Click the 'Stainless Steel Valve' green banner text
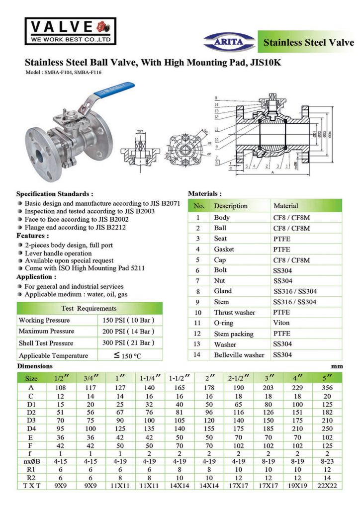[x=308, y=42]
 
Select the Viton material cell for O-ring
[x=281, y=323]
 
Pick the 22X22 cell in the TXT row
[x=327, y=485]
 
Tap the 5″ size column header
[x=327, y=378]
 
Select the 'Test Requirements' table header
[x=89, y=308]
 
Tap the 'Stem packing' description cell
[x=234, y=334]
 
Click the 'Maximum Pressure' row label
[x=46, y=331]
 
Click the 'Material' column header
[x=286, y=206]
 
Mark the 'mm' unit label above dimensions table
[x=338, y=366]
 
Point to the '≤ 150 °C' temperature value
[x=128, y=355]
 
